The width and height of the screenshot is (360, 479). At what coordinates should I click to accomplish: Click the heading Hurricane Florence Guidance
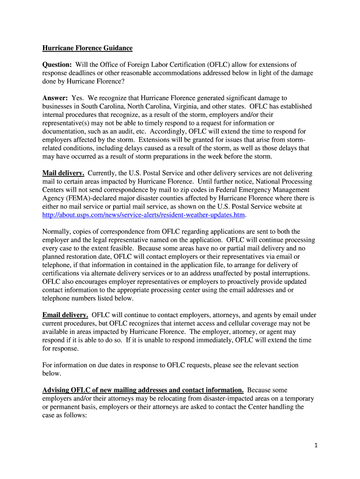coord(87,48)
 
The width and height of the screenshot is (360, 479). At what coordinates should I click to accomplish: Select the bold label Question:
coord(57,65)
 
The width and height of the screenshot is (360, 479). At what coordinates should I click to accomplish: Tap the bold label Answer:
coord(55,98)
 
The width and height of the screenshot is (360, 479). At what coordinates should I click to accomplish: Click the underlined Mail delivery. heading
coord(63,173)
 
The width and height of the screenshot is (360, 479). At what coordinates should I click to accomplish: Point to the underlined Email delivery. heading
coord(65,315)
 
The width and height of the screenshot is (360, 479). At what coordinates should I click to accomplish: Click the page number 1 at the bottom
coord(316,446)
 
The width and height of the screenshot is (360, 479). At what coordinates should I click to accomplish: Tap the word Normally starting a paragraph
coord(58,232)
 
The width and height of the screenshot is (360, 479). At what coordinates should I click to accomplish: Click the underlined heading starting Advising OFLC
coord(143,390)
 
